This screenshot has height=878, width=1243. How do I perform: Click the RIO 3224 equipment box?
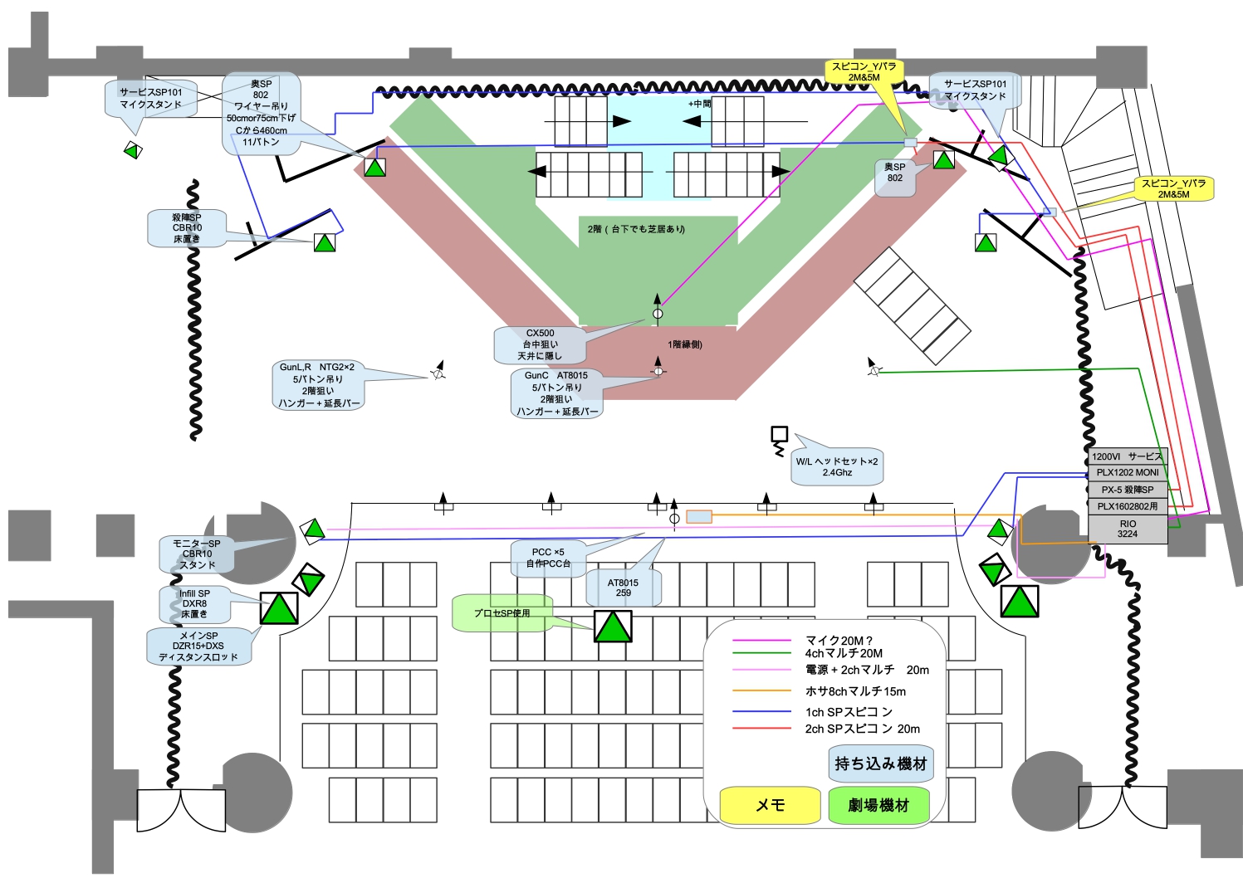click(1127, 529)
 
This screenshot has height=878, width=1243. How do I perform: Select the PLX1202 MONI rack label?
click(1127, 472)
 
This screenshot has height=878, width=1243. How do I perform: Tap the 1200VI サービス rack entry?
click(1127, 456)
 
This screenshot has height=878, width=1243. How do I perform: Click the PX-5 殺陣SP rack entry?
click(1127, 490)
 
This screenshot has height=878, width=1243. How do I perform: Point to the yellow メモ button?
click(770, 805)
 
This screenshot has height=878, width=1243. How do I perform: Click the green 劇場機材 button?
click(878, 805)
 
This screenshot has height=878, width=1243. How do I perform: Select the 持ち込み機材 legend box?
click(880, 763)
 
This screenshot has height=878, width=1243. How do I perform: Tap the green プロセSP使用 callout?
click(502, 613)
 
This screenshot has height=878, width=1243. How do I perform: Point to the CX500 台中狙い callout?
click(540, 344)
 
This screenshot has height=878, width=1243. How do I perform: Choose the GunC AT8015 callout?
click(556, 393)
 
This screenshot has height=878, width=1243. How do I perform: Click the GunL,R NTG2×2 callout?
click(317, 385)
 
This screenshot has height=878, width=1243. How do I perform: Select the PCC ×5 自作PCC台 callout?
click(548, 558)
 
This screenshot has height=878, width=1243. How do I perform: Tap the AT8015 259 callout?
click(623, 588)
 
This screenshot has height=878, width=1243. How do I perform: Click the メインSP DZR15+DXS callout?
click(198, 646)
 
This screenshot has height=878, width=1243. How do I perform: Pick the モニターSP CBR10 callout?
click(197, 554)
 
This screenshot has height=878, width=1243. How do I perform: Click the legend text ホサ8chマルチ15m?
click(855, 691)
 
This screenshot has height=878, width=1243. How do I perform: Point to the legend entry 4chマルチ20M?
click(844, 654)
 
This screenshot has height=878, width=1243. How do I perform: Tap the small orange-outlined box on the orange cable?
click(699, 517)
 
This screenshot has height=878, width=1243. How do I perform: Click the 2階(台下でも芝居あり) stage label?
click(636, 229)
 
